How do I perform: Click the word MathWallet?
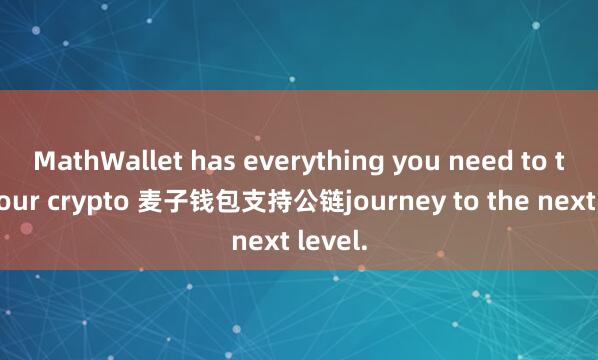coord(99,160)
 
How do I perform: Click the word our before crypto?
coord(17,199)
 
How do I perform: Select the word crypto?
coord(73,199)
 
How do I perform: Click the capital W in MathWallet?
coord(107,160)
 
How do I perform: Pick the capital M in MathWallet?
coord(45,160)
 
